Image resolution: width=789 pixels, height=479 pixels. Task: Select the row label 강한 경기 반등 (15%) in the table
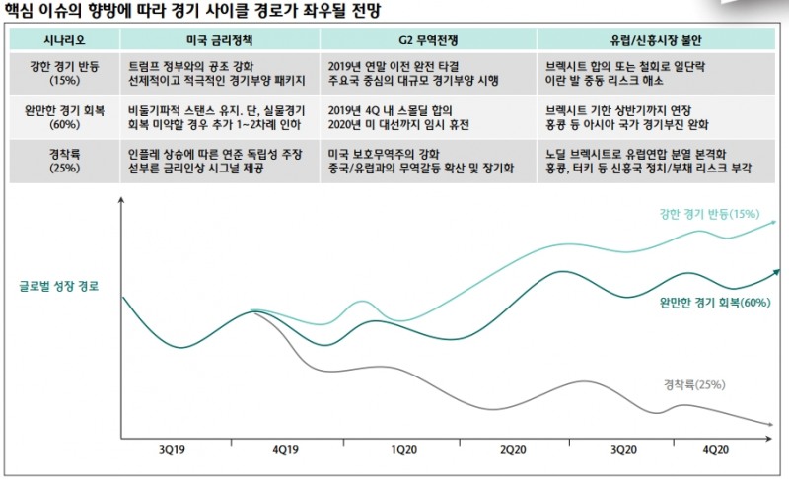62,72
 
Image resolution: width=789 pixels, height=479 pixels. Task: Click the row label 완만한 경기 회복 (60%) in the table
62,117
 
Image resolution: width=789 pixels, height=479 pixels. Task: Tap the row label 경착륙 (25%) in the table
62,162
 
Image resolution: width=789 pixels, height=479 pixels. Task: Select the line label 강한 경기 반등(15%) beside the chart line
708,213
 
